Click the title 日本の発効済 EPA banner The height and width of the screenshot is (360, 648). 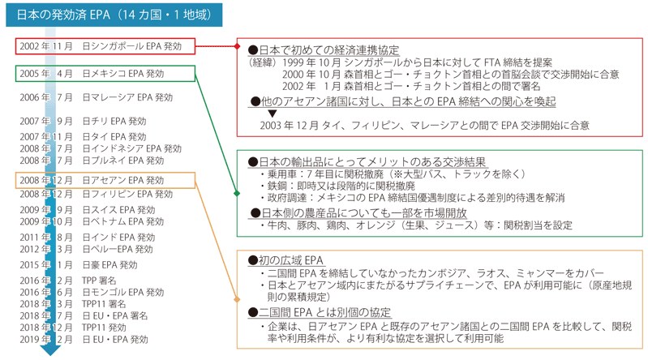[x=114, y=15]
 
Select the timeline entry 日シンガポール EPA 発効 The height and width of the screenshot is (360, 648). [x=132, y=46]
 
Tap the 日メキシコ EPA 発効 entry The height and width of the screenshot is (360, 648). [x=123, y=74]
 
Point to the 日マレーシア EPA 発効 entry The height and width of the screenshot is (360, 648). [x=127, y=97]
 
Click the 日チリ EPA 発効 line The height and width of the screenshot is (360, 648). [x=114, y=121]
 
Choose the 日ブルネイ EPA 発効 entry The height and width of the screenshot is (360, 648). [x=123, y=161]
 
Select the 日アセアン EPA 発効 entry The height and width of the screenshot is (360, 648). [x=123, y=180]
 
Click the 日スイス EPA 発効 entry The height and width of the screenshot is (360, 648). [x=118, y=210]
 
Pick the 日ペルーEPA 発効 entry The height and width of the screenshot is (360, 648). [x=118, y=249]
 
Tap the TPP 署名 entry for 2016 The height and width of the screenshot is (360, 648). [x=99, y=281]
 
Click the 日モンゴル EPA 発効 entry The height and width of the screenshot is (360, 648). [x=123, y=292]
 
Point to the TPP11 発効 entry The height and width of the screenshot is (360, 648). [x=104, y=328]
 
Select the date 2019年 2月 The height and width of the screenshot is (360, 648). [x=46, y=340]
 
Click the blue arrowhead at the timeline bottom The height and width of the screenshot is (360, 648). [x=50, y=350]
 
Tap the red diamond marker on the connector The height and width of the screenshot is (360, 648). [x=237, y=46]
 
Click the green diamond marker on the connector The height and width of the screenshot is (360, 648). [x=237, y=194]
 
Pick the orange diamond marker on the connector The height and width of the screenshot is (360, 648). [x=237, y=299]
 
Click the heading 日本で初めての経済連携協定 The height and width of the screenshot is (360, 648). [x=324, y=50]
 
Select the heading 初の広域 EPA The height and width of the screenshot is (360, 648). [x=285, y=260]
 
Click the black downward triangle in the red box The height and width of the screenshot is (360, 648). [x=272, y=114]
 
